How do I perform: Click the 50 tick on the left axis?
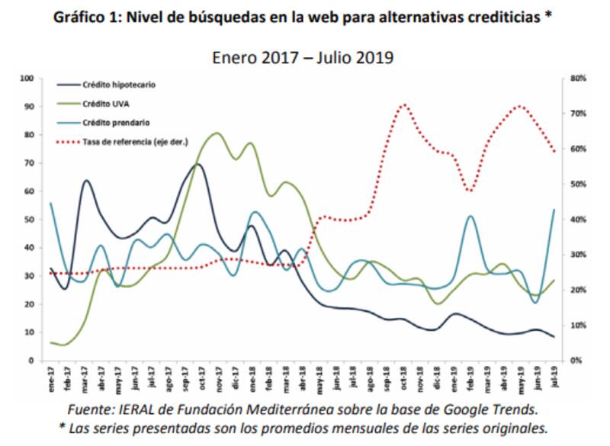coord(29,220)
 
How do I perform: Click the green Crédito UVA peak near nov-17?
coord(217,133)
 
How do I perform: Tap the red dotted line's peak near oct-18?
coord(404,105)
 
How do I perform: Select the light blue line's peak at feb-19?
coord(470,217)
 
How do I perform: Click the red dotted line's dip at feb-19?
coord(470,191)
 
